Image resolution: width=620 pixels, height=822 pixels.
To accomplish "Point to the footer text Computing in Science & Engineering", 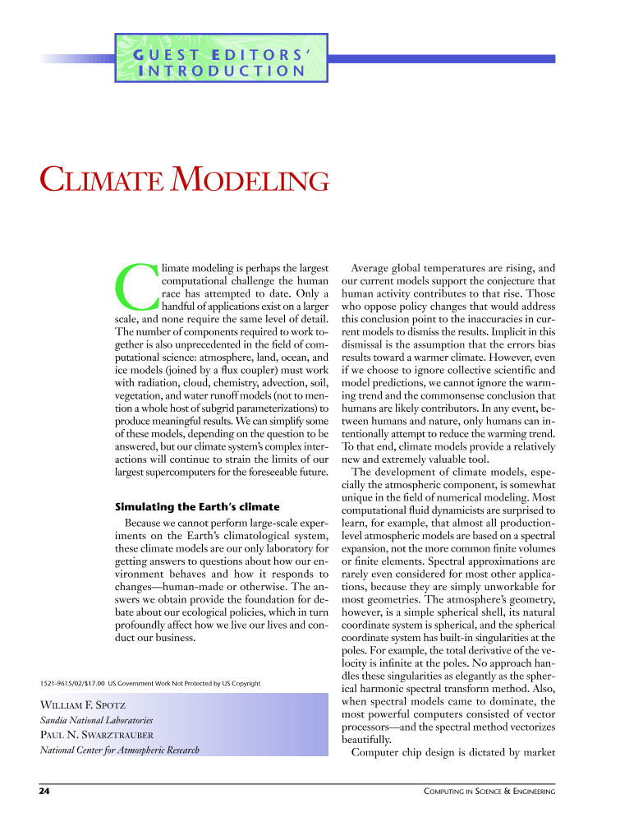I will [489, 791].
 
